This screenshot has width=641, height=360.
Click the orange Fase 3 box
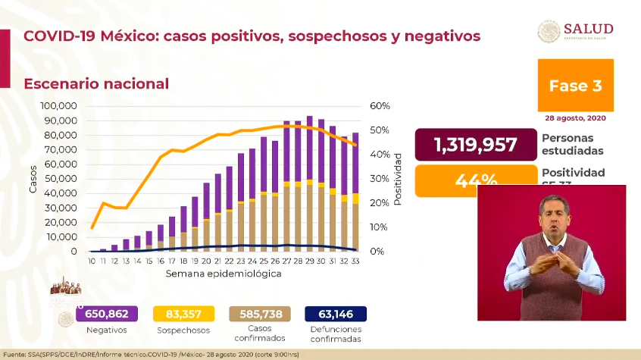[576, 86]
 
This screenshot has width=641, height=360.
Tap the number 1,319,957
[476, 145]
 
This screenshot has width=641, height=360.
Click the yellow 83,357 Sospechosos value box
[183, 314]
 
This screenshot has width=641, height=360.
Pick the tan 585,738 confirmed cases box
[259, 314]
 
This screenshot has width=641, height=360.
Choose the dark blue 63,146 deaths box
[335, 314]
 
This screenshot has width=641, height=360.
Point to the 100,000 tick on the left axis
[58, 106]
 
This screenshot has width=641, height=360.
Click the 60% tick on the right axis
[380, 106]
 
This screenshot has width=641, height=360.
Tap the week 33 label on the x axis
[355, 261]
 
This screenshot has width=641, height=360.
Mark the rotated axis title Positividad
[397, 179]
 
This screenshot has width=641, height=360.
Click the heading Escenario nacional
[96, 83]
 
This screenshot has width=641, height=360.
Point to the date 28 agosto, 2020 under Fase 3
[576, 118]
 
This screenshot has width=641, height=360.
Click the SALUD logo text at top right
[589, 29]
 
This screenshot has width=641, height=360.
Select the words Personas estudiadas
[573, 144]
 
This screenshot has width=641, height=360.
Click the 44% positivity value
[476, 181]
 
